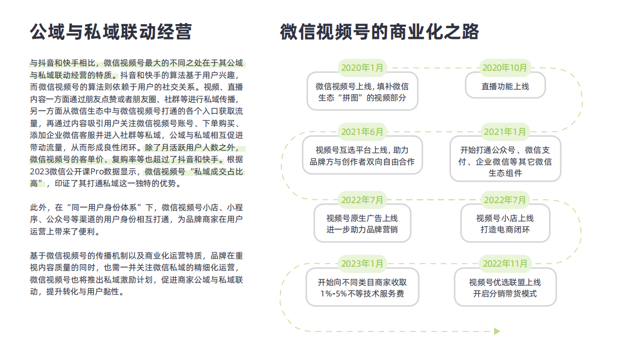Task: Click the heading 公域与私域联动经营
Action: (x=111, y=32)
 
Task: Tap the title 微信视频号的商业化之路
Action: (x=380, y=32)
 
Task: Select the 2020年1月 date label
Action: (x=362, y=68)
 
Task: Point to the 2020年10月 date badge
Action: (x=505, y=68)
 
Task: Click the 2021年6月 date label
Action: (x=362, y=132)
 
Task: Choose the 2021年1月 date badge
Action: (x=505, y=132)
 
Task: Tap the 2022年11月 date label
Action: (x=505, y=264)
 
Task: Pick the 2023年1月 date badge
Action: (x=362, y=264)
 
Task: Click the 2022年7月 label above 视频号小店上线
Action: (x=505, y=200)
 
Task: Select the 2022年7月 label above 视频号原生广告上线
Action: (x=362, y=200)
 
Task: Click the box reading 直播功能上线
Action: (x=505, y=85)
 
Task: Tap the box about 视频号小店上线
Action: (x=505, y=223)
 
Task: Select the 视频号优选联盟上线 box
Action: (x=505, y=287)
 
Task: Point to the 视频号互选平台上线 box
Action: (x=362, y=155)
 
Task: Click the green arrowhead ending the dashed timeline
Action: (x=497, y=331)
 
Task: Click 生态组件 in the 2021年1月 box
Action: (x=505, y=173)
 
